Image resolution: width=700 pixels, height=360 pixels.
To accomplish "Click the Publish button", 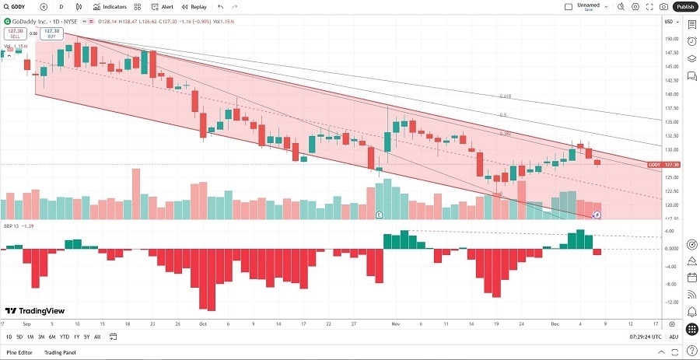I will pos(684,6).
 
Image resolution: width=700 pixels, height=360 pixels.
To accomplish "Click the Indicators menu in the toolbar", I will pos(110,6).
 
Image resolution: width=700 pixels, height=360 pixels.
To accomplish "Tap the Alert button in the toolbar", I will pos(163,6).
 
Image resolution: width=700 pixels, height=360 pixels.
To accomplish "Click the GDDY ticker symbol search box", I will pos(17,6).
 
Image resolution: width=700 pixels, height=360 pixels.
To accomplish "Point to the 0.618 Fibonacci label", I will pos(505,96).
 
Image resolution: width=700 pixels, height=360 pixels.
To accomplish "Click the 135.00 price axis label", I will pos(668,122).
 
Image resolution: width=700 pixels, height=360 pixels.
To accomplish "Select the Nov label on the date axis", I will pos(395,323).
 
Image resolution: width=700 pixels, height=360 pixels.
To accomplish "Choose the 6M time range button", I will pos(51,337).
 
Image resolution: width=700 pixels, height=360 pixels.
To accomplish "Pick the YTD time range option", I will pos(65,337).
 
